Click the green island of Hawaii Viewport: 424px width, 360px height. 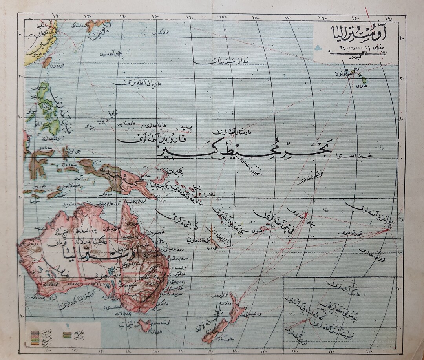364,80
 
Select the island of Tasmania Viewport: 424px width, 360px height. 144,325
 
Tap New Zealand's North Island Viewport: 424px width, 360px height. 237,308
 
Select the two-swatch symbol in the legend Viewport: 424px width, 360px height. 67,335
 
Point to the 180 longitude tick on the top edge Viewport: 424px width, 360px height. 256,17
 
